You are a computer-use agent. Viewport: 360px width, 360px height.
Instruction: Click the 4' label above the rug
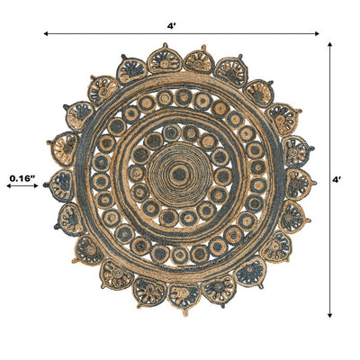171,26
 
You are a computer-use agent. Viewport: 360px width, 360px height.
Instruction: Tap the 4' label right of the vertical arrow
337,180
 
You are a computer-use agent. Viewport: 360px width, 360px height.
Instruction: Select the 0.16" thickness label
22,178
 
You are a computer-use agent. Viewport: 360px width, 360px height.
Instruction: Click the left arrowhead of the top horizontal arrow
46,33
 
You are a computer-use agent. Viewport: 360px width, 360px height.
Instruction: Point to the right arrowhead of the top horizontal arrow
317,33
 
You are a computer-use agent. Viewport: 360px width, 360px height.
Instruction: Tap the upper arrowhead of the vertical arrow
329,44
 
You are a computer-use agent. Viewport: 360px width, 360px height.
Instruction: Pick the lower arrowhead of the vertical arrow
329,315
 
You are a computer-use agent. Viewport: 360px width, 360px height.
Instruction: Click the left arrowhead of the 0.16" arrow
9,186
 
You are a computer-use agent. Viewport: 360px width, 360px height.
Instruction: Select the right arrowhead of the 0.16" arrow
36,186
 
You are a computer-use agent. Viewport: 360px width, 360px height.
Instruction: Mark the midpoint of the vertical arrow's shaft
329,180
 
